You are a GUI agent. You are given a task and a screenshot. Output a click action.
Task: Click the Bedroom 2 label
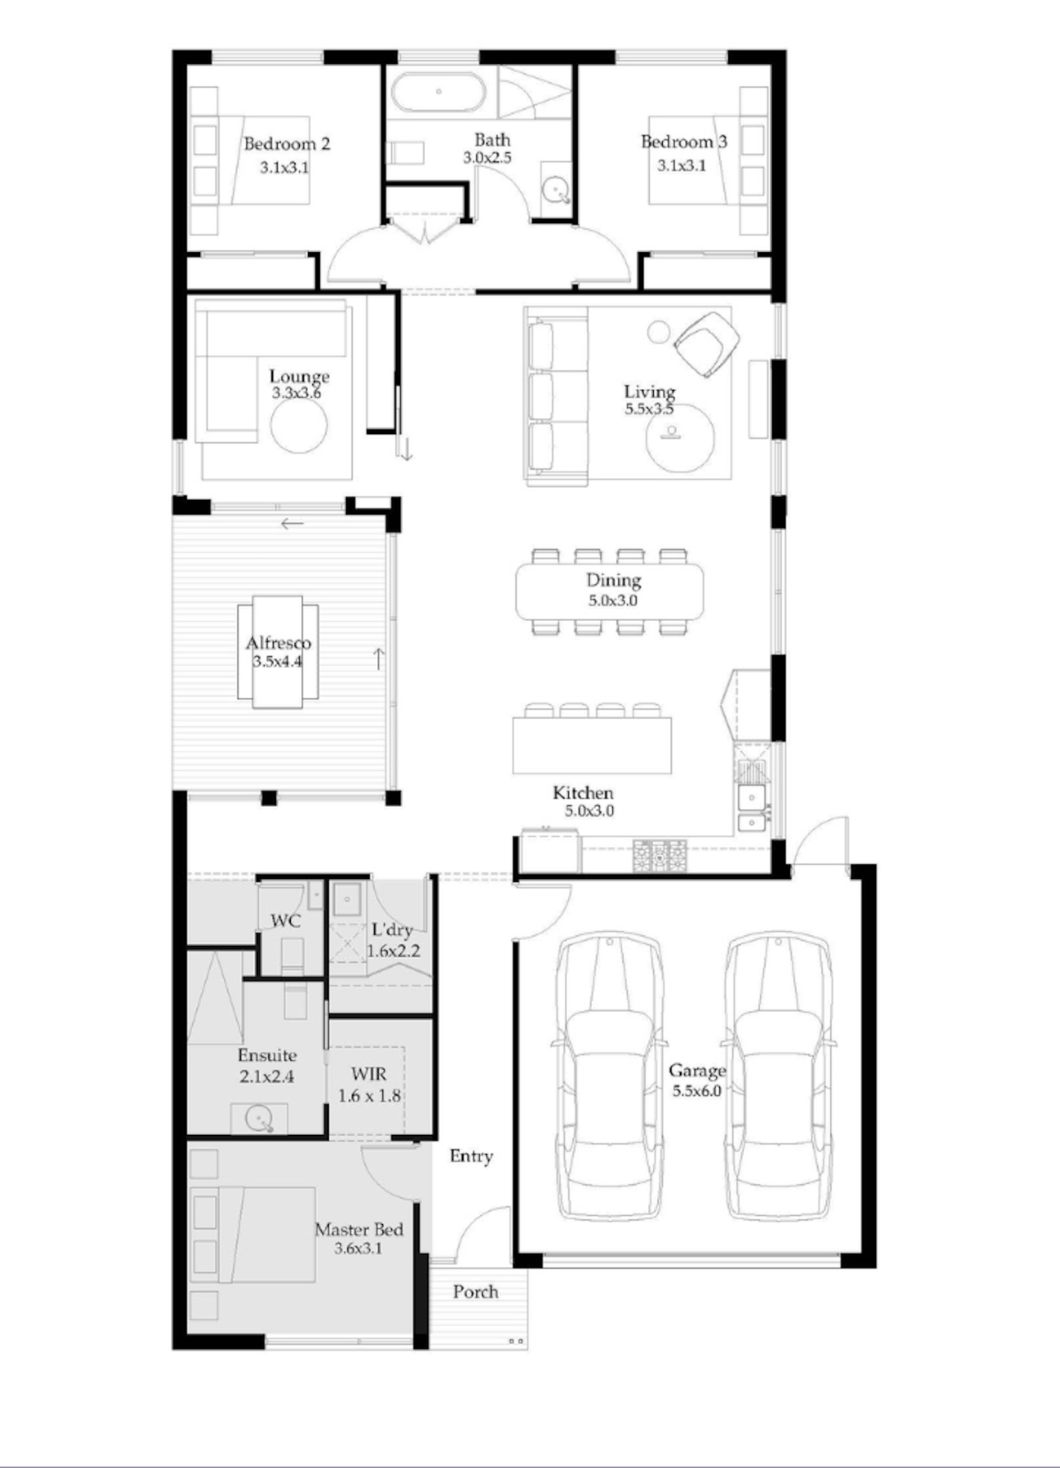(286, 144)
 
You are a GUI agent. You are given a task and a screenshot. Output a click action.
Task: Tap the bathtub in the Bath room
(438, 92)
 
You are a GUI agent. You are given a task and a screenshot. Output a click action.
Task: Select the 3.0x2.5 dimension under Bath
(487, 158)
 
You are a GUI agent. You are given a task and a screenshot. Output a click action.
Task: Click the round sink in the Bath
(555, 190)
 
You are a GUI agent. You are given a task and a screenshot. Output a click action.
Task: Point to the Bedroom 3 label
(684, 141)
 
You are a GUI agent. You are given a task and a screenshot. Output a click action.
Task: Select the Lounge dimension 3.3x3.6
(296, 393)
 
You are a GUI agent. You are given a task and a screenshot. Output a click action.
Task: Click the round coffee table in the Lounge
(298, 426)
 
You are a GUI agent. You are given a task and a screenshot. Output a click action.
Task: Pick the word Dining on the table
(613, 579)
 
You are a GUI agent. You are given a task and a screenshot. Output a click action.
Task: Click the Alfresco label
(278, 643)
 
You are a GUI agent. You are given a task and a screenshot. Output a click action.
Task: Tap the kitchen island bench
(592, 745)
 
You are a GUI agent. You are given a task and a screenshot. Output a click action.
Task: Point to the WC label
(286, 921)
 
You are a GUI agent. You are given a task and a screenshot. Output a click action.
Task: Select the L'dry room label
(392, 930)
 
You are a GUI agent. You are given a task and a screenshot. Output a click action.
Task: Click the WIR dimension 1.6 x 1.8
(369, 1095)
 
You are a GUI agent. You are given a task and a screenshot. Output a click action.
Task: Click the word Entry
(471, 1156)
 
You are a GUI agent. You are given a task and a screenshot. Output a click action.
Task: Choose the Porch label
(475, 1292)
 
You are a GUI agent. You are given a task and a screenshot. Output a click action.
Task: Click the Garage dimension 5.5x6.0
(697, 1091)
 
